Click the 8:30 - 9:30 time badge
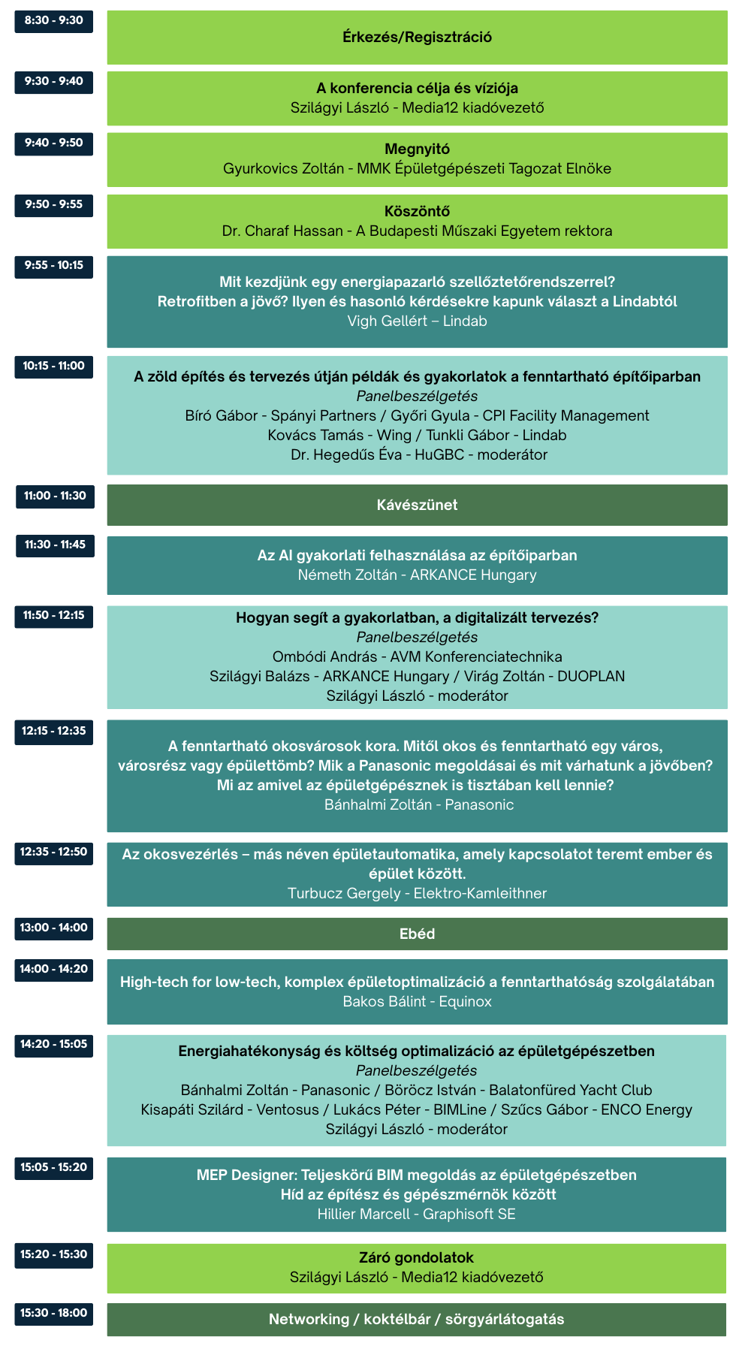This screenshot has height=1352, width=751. pyautogui.click(x=53, y=20)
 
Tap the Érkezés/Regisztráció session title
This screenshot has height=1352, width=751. pyautogui.click(x=417, y=37)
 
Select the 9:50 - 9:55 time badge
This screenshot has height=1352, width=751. pyautogui.click(x=53, y=204)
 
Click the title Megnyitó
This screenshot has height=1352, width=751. pyautogui.click(x=417, y=149)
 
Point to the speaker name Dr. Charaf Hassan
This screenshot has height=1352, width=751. pyautogui.click(x=282, y=231)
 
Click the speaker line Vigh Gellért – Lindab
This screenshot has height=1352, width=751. pyautogui.click(x=417, y=321)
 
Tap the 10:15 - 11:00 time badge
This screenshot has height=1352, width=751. pyautogui.click(x=53, y=366)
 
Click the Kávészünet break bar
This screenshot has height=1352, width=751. pyautogui.click(x=417, y=505)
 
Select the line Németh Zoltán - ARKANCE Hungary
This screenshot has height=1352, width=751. pyautogui.click(x=417, y=575)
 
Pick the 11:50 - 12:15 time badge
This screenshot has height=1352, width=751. pyautogui.click(x=53, y=615)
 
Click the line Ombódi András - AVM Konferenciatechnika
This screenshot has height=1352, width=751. pyautogui.click(x=417, y=656)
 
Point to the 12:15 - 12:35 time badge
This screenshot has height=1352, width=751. pyautogui.click(x=53, y=731)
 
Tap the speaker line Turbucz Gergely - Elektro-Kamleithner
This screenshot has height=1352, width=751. pyautogui.click(x=417, y=893)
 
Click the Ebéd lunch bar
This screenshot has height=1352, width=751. pyautogui.click(x=417, y=934)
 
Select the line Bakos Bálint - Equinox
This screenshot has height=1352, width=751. pyautogui.click(x=417, y=1001)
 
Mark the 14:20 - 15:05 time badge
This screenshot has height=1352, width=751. pyautogui.click(x=53, y=1044)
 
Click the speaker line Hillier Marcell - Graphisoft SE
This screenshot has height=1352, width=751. pyautogui.click(x=417, y=1214)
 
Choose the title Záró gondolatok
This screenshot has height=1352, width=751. pyautogui.click(x=417, y=1257)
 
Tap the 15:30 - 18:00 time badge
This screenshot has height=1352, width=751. pyautogui.click(x=53, y=1313)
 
